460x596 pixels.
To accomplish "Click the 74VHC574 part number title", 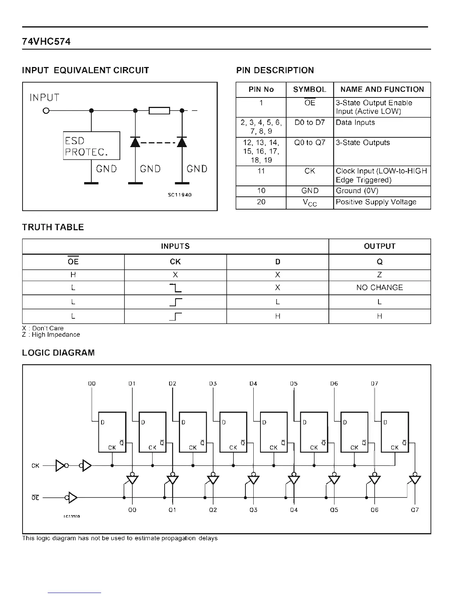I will pyautogui.click(x=46, y=41).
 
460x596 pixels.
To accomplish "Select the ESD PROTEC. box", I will pyautogui.click(x=91, y=146).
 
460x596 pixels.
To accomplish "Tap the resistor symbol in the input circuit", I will pyautogui.click(x=159, y=111).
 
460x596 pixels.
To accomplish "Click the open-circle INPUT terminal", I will pyautogui.click(x=46, y=111).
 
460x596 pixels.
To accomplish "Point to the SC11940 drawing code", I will pyautogui.click(x=180, y=195).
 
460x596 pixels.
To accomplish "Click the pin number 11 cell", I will pyautogui.click(x=261, y=171).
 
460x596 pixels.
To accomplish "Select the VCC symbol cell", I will pyautogui.click(x=310, y=203).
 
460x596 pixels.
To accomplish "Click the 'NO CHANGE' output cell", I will pyautogui.click(x=380, y=287).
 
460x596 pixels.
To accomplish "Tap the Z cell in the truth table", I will pyautogui.click(x=380, y=275).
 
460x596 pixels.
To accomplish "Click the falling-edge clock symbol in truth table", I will pyautogui.click(x=176, y=288).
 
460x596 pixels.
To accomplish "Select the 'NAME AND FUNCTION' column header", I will pyautogui.click(x=382, y=90).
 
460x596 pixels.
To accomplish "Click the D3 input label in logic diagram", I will pyautogui.click(x=213, y=383).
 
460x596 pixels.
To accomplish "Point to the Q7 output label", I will pyautogui.click(x=415, y=510).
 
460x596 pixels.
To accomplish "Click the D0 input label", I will pyautogui.click(x=92, y=383).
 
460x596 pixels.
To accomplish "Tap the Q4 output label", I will pyautogui.click(x=294, y=510).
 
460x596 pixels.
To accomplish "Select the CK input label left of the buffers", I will pyautogui.click(x=35, y=466).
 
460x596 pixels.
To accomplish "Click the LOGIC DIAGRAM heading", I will pyautogui.click(x=58, y=353).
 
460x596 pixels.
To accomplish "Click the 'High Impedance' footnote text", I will pyautogui.click(x=56, y=334).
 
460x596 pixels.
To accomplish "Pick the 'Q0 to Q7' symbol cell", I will pyautogui.click(x=310, y=143).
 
